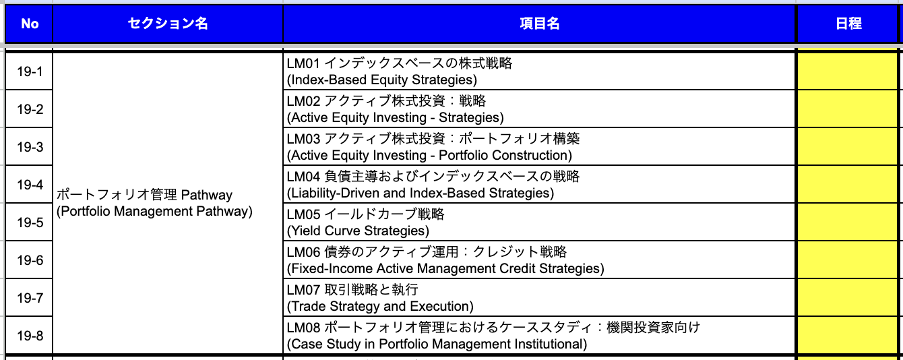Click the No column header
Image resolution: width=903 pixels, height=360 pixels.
30,24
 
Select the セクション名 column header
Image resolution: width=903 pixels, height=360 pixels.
168,24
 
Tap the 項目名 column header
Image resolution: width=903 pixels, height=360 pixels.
539,24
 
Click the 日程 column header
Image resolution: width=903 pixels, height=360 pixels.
848,24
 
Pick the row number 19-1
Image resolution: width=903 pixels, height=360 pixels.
30,71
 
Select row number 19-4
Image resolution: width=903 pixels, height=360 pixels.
30,185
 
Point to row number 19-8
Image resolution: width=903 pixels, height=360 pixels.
30,336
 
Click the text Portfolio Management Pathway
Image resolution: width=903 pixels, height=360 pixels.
154,211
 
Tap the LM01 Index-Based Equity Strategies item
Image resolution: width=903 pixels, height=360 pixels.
400,71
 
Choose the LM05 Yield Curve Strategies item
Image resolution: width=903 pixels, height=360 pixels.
366,222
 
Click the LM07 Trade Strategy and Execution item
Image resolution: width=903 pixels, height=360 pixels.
380,297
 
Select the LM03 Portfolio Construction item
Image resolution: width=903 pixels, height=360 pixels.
433,147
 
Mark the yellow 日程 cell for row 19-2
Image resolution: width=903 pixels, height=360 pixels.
848,109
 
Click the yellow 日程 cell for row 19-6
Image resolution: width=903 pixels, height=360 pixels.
848,260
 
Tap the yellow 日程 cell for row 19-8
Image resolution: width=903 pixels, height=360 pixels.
848,335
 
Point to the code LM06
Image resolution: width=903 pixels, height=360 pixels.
303,252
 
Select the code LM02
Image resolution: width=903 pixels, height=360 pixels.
303,100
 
